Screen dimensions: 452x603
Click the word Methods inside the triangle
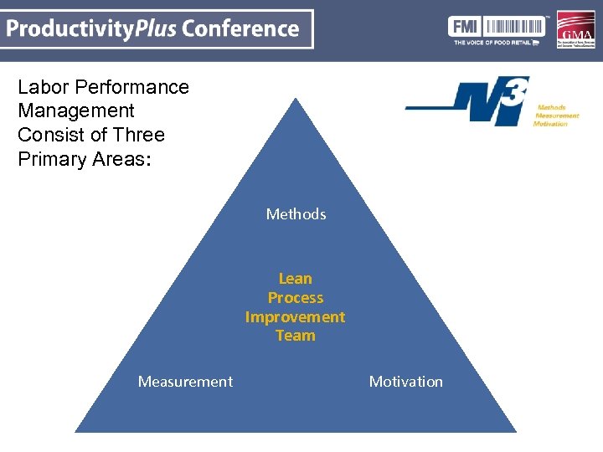click(296, 214)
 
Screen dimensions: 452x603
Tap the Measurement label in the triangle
click(185, 382)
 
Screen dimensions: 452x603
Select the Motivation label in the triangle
click(406, 382)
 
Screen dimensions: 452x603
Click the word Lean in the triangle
click(295, 279)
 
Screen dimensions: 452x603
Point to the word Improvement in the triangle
click(295, 317)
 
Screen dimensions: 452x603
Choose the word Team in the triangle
click(295, 336)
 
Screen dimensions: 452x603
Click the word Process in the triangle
click(295, 298)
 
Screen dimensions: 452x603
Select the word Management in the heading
click(75, 110)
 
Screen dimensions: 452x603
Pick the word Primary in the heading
click(53, 159)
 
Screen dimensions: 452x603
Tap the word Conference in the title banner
click(240, 28)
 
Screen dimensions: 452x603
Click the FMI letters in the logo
click(465, 25)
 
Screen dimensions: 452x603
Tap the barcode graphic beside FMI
click(512, 25)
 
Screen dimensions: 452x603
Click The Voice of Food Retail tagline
click(497, 41)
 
